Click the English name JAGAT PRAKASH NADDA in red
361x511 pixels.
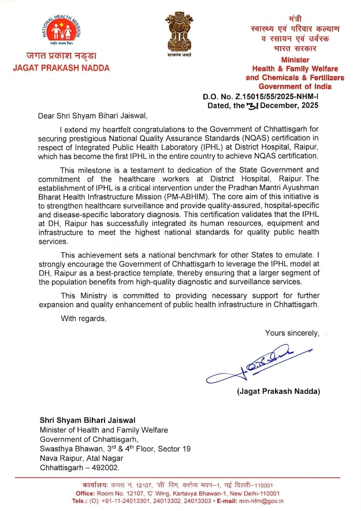[61, 68]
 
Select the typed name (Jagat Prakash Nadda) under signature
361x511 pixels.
[278, 391]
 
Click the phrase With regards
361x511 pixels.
[84, 318]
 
